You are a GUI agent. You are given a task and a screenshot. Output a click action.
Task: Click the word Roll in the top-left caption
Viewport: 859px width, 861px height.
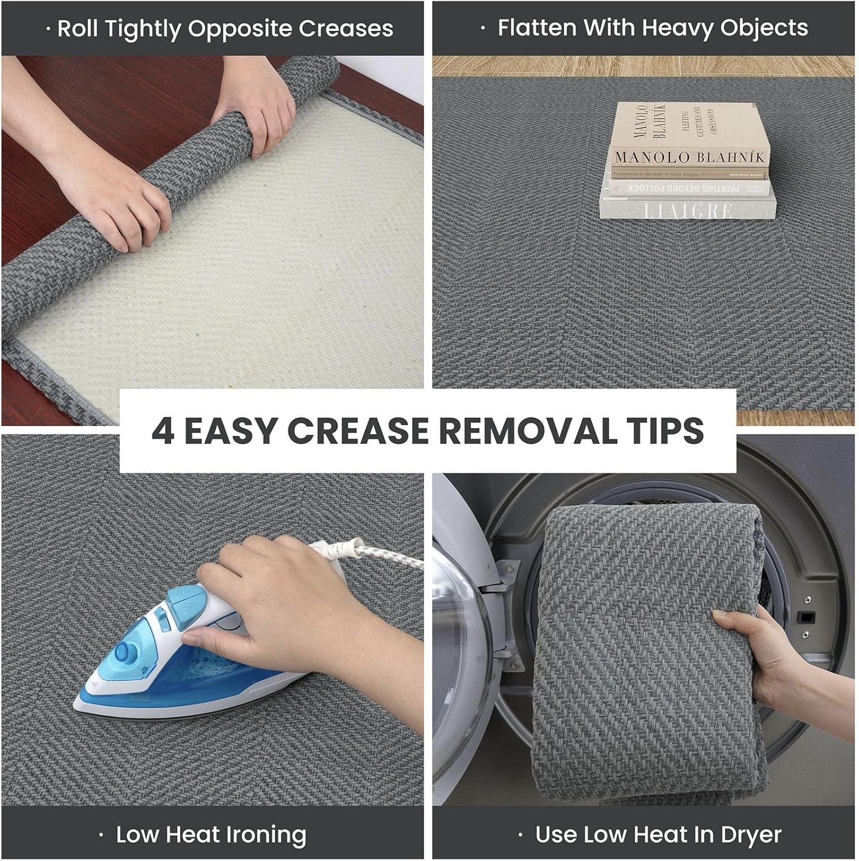tap(77, 29)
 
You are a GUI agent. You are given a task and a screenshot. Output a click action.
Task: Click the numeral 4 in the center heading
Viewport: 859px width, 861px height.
tap(163, 431)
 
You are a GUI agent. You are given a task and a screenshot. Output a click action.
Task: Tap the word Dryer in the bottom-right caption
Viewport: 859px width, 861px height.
tap(751, 834)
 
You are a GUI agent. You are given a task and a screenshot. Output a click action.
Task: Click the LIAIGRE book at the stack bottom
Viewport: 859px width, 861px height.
tap(688, 209)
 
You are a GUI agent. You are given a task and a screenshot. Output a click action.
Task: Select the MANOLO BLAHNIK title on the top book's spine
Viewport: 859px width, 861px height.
tap(689, 158)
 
